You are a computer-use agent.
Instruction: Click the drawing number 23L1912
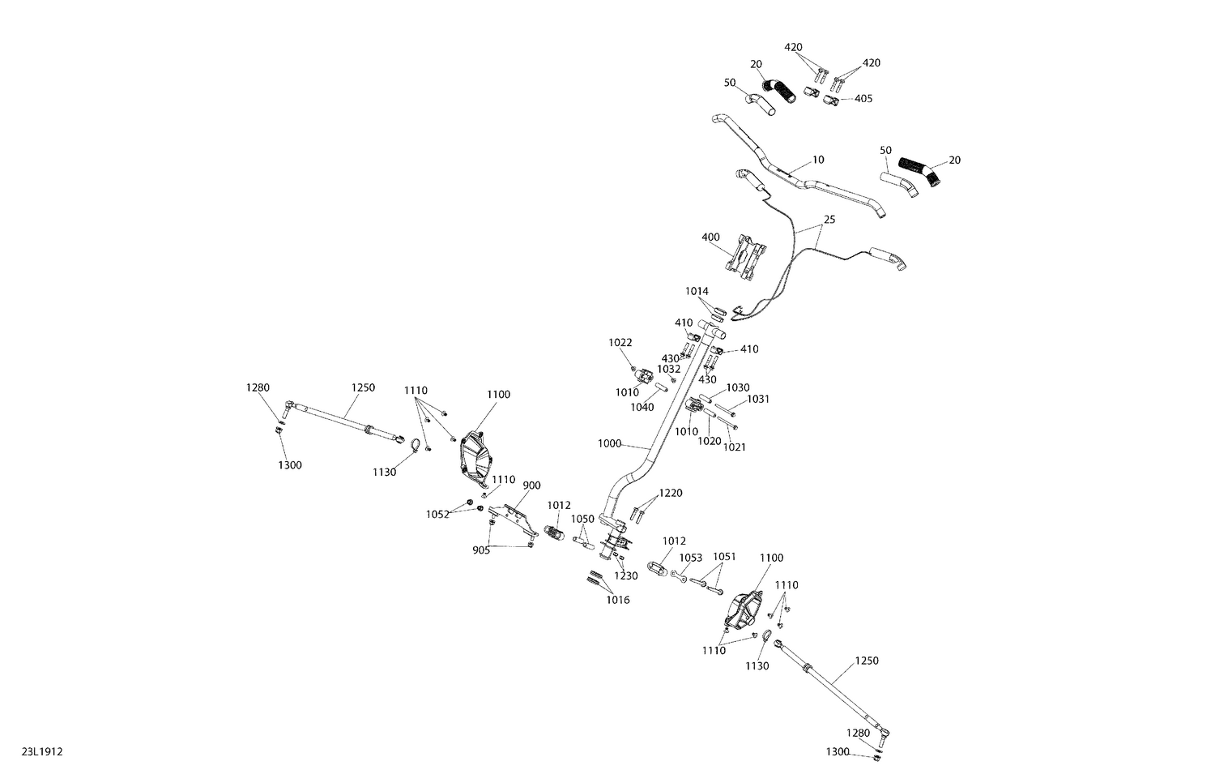[x=42, y=751]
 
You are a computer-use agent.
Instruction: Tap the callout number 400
[x=710, y=237]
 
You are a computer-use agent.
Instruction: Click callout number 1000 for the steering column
[x=609, y=443]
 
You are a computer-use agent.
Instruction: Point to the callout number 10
[x=818, y=160]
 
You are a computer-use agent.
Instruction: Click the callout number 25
[x=829, y=220]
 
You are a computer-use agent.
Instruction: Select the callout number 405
[x=863, y=99]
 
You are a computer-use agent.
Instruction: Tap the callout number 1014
[x=697, y=292]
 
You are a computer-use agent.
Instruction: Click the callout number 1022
[x=620, y=342]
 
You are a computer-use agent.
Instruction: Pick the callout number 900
[x=531, y=486]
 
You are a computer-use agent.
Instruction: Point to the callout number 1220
[x=671, y=494]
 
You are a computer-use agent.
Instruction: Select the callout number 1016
[x=618, y=600]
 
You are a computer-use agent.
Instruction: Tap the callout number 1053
[x=690, y=558]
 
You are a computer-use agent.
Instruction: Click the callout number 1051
[x=724, y=557]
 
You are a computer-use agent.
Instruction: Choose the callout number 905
[x=481, y=550]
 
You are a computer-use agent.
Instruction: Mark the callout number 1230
[x=626, y=576]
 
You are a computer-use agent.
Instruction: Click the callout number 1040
[x=642, y=408]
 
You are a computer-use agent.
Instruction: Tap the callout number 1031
[x=758, y=400]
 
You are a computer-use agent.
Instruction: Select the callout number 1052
[x=437, y=515]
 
